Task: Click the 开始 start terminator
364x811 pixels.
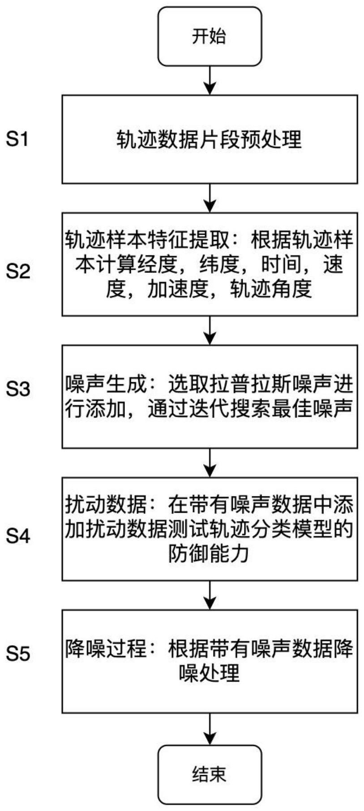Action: click(210, 36)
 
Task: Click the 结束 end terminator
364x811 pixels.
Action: click(210, 774)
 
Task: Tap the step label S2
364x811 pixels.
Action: click(18, 271)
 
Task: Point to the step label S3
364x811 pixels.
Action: click(18, 388)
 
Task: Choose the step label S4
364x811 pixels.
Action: click(18, 535)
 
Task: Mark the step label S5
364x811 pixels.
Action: click(18, 654)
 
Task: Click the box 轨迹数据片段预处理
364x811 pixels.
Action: click(210, 139)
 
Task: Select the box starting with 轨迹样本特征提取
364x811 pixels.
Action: click(210, 264)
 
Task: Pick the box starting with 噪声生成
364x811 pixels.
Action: click(210, 396)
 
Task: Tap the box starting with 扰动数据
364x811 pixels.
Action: click(210, 529)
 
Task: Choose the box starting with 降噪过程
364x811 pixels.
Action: click(210, 661)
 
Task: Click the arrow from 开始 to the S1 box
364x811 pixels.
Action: click(210, 80)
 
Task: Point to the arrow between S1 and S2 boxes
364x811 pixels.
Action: click(210, 198)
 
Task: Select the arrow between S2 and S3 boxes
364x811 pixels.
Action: click(210, 330)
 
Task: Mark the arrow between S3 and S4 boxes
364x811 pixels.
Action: click(210, 462)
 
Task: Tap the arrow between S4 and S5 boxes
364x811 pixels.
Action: click(210, 595)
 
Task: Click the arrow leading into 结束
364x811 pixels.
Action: click(210, 729)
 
